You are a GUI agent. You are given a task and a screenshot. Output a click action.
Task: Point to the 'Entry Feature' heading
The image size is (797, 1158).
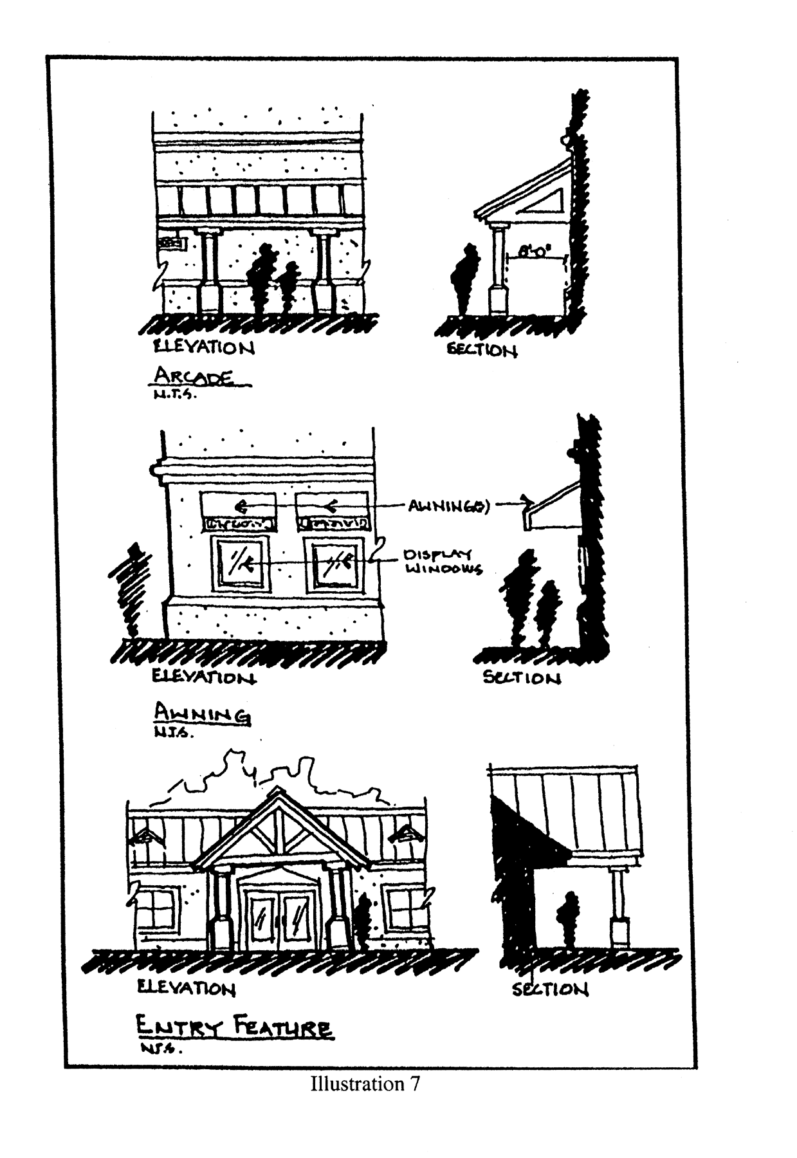[234, 1027]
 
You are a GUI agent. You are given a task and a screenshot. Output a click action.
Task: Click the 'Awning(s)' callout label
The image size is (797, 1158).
[449, 506]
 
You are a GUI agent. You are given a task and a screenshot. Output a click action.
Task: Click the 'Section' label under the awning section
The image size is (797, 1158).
[522, 677]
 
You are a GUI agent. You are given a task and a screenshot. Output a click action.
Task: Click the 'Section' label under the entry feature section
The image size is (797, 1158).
[550, 989]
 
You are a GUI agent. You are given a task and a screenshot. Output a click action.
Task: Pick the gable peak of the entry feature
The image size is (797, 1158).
[278, 793]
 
